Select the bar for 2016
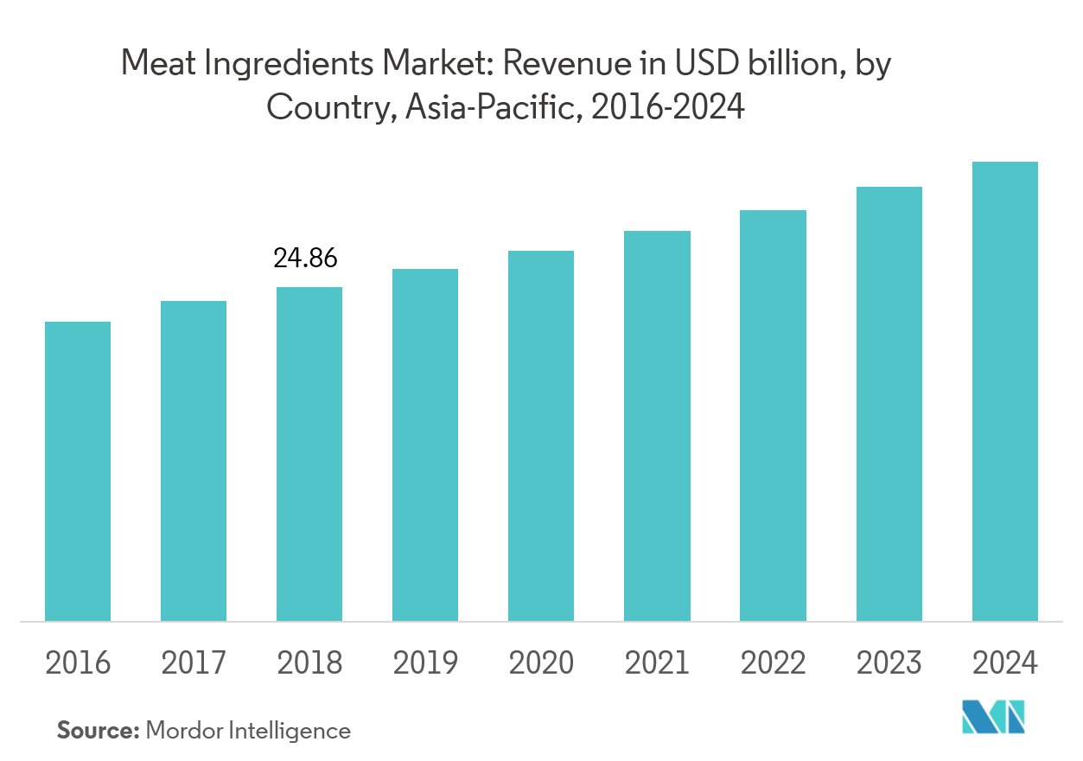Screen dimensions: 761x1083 tap(78, 471)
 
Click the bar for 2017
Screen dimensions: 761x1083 tap(194, 461)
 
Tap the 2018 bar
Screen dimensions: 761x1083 tap(309, 454)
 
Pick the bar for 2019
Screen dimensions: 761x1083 tap(425, 444)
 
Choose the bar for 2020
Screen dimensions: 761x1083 tap(541, 436)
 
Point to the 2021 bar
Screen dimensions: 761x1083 tap(658, 425)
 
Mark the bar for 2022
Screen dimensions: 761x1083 tap(774, 415)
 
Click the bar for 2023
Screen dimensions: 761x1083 tap(889, 404)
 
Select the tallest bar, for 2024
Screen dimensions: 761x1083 tap(1005, 391)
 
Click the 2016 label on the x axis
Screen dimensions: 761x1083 tap(78, 663)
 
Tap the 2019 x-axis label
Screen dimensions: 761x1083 tap(425, 663)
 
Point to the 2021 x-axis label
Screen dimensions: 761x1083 tap(658, 663)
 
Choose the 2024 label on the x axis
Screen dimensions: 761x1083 tap(1005, 663)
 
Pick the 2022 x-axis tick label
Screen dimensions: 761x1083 tap(774, 663)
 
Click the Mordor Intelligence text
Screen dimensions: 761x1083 tap(248, 731)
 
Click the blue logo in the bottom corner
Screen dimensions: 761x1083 tap(994, 717)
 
